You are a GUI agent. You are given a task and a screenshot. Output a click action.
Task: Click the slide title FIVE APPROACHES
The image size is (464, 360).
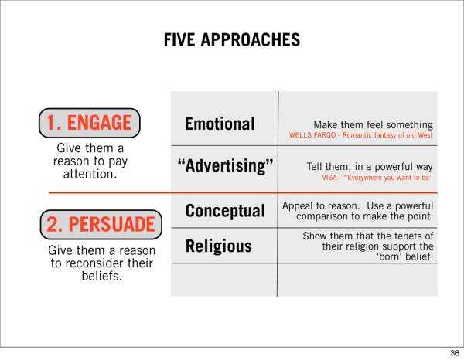click(232, 40)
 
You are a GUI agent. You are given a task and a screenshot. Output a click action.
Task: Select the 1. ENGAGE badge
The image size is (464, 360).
click(90, 123)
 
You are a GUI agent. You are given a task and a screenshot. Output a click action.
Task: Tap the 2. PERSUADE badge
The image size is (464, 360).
click(101, 224)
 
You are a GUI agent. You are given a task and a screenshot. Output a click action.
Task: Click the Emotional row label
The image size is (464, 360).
click(220, 124)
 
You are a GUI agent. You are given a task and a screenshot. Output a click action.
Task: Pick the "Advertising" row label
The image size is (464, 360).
click(225, 165)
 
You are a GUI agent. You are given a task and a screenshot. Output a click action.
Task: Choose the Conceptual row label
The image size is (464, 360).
click(225, 211)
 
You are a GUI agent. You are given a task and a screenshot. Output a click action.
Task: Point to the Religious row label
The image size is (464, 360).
click(218, 246)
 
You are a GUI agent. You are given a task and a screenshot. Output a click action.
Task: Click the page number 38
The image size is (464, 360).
click(455, 352)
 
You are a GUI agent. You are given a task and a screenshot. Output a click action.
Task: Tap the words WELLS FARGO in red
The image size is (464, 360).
click(312, 135)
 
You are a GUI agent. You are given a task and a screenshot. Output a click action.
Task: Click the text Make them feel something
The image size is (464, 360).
click(374, 124)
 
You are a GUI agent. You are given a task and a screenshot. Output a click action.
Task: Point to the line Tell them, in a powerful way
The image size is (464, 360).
click(370, 167)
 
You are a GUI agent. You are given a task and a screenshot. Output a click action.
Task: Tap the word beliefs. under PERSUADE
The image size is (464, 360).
click(102, 276)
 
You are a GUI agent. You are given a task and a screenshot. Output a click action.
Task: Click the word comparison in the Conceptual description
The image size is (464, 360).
click(322, 216)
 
